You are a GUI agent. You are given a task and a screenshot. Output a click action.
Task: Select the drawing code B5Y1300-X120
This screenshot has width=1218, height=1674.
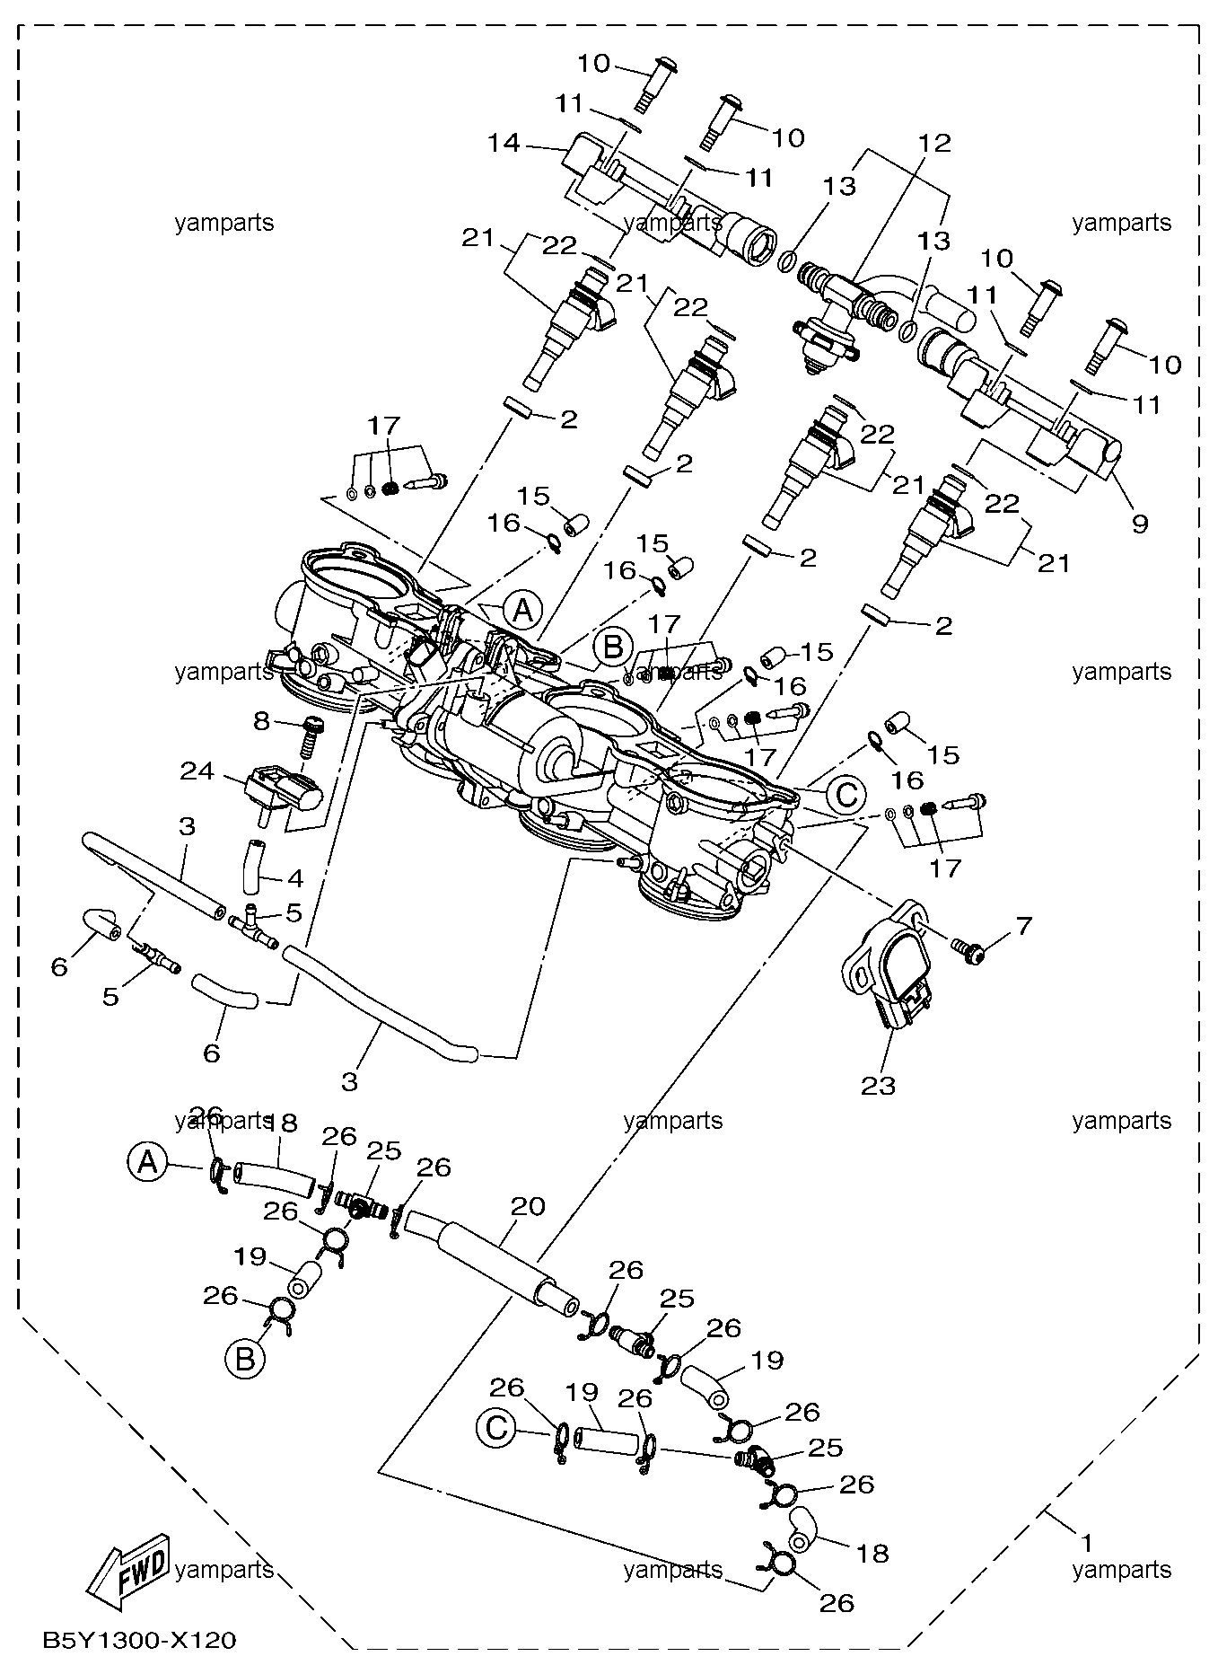coord(139,1642)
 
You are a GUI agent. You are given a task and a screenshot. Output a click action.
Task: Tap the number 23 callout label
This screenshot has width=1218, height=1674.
coord(878,1086)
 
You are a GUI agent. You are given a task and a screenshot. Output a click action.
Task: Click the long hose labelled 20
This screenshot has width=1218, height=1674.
coord(489,1261)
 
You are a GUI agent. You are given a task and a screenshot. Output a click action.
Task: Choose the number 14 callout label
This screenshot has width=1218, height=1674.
coord(505,142)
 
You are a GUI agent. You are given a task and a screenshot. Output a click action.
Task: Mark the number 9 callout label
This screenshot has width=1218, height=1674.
coord(1139,523)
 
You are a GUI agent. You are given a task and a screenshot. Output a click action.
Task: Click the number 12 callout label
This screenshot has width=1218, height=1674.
coord(933,143)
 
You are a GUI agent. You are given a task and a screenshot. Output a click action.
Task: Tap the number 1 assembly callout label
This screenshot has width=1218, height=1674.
coord(1086,1543)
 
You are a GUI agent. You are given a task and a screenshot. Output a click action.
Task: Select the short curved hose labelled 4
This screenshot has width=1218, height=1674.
coord(253,864)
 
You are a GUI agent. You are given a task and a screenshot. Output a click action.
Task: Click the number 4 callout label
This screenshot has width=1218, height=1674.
coord(294,877)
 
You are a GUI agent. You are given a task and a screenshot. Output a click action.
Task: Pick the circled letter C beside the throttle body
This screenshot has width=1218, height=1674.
coord(846,793)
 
